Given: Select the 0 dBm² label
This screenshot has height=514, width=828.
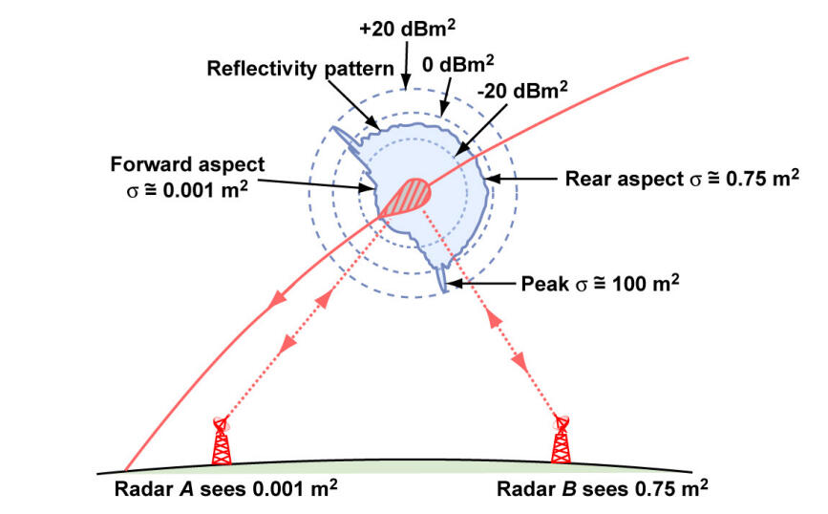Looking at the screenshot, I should point(457,63).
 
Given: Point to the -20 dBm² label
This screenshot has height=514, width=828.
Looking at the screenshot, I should point(523,91).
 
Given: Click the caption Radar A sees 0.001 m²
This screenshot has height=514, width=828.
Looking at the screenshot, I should point(222,488).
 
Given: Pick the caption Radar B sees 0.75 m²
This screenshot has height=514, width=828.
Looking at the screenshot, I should point(603,488).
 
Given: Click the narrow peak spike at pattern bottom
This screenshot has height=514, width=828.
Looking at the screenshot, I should point(443,280).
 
